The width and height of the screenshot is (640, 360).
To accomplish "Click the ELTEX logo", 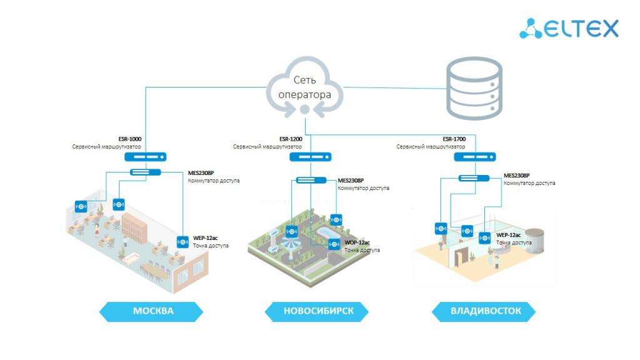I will [x=569, y=28].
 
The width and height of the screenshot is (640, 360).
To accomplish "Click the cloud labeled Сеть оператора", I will [x=304, y=87].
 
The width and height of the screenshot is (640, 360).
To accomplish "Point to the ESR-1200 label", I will [x=292, y=139].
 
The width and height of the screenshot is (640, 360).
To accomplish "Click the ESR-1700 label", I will [x=454, y=139].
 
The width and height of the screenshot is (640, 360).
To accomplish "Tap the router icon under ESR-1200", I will [x=311, y=157].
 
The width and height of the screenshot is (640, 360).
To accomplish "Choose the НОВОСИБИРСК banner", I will [x=318, y=311].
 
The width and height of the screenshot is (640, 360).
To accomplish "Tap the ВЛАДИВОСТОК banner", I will [x=485, y=311].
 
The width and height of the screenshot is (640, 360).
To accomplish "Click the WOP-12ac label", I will [x=357, y=242].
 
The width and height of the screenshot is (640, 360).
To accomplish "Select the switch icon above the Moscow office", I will [x=145, y=172].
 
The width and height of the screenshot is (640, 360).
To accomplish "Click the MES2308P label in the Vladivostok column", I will [x=517, y=176].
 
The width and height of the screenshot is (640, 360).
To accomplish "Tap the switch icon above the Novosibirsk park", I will [x=311, y=181].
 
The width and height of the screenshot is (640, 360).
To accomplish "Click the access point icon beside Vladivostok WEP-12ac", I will [x=485, y=238].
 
